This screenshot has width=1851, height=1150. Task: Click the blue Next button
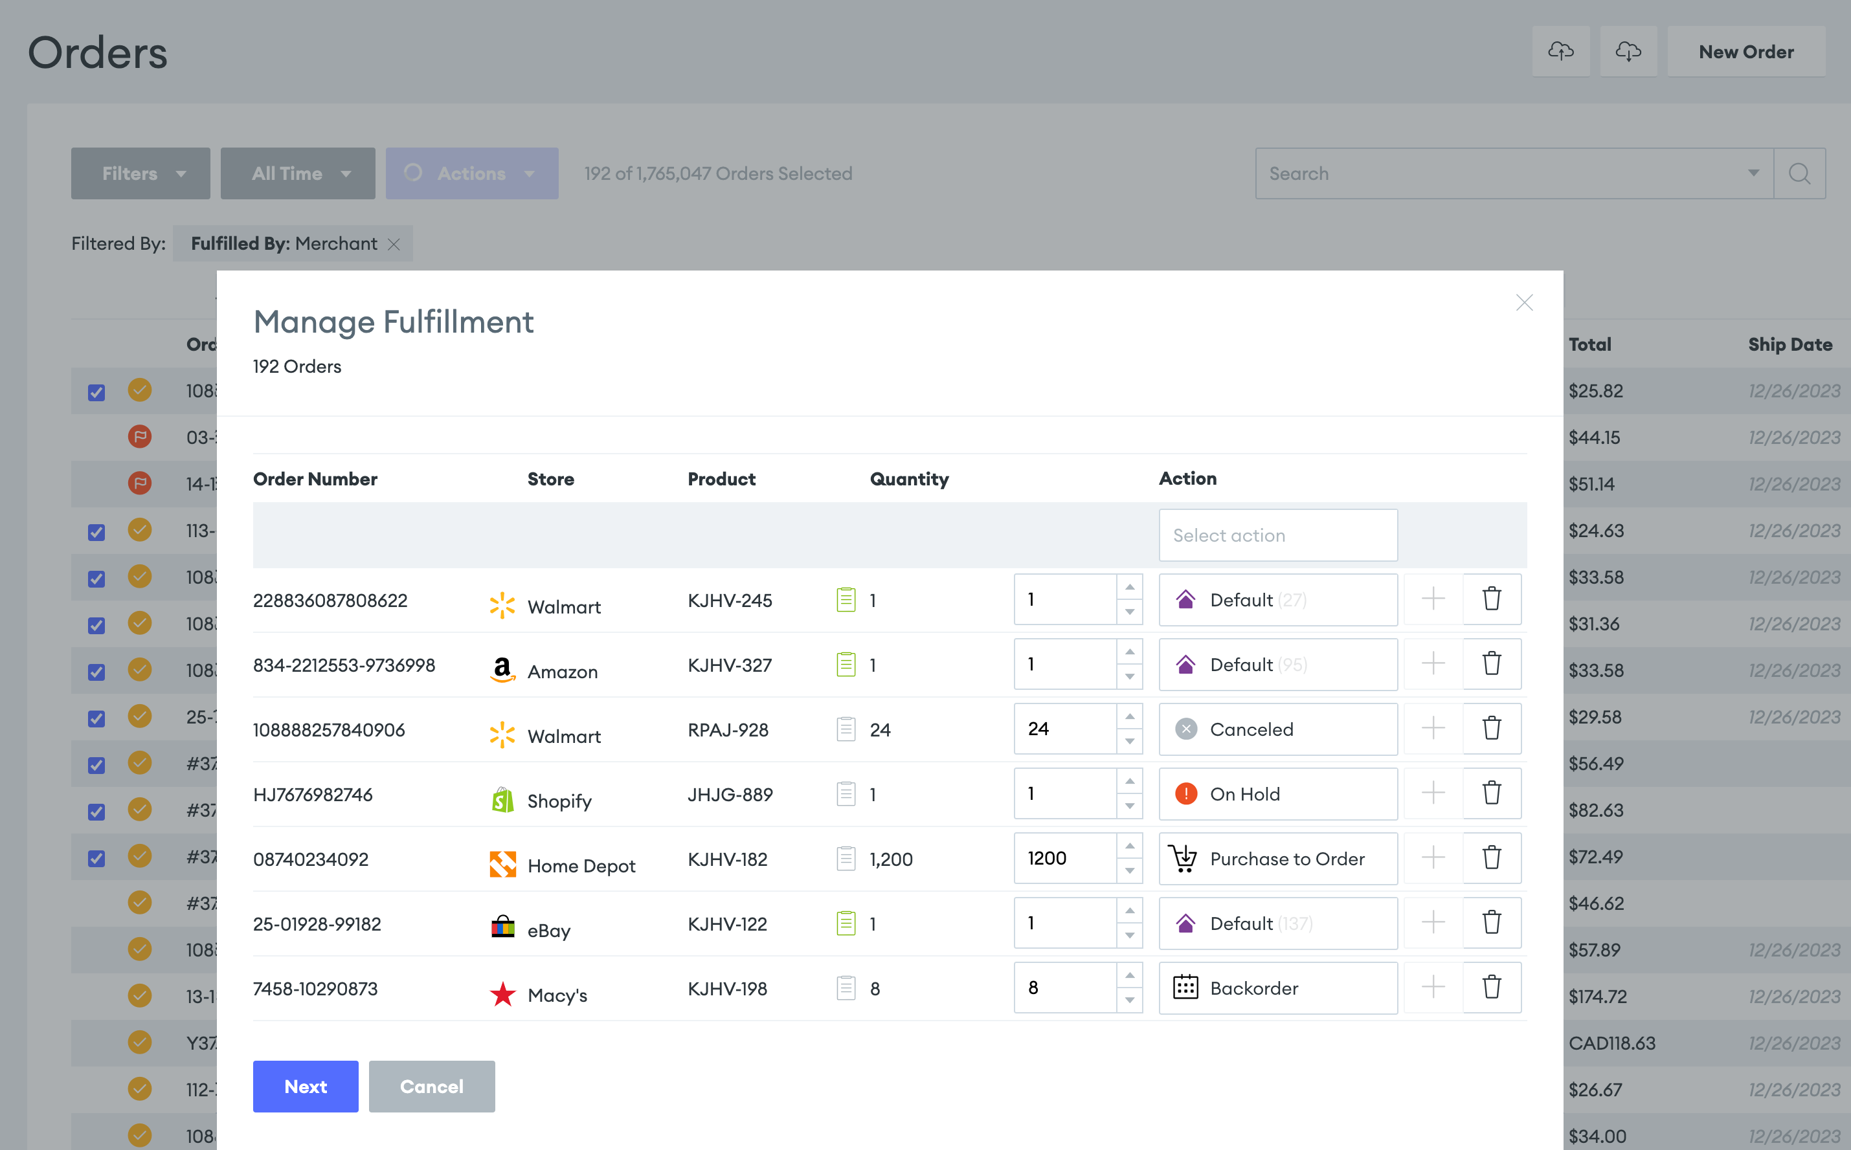pyautogui.click(x=305, y=1086)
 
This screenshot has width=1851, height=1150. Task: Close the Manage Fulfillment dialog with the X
pyautogui.click(x=1524, y=303)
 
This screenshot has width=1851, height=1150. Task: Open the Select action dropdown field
pyautogui.click(x=1277, y=535)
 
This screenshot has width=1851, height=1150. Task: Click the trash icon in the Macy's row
pyautogui.click(x=1491, y=987)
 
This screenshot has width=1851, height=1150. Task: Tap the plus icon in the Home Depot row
pyautogui.click(x=1433, y=858)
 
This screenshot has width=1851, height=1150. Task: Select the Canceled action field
pyautogui.click(x=1277, y=729)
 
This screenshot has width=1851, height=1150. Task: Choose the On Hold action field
pyautogui.click(x=1277, y=794)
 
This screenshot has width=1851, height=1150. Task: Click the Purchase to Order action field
pyautogui.click(x=1277, y=859)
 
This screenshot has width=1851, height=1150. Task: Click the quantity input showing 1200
pyautogui.click(x=1065, y=858)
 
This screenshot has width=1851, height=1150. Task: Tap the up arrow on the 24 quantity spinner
pyautogui.click(x=1130, y=716)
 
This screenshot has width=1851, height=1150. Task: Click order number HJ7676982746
pyautogui.click(x=313, y=795)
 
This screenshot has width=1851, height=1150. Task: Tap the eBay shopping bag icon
pyautogui.click(x=502, y=926)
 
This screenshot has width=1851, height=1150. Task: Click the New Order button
pyautogui.click(x=1746, y=52)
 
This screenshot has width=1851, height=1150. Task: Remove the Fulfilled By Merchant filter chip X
pyautogui.click(x=394, y=244)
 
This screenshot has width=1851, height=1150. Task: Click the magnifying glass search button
pyautogui.click(x=1799, y=174)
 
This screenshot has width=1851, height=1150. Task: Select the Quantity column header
pyautogui.click(x=909, y=479)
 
